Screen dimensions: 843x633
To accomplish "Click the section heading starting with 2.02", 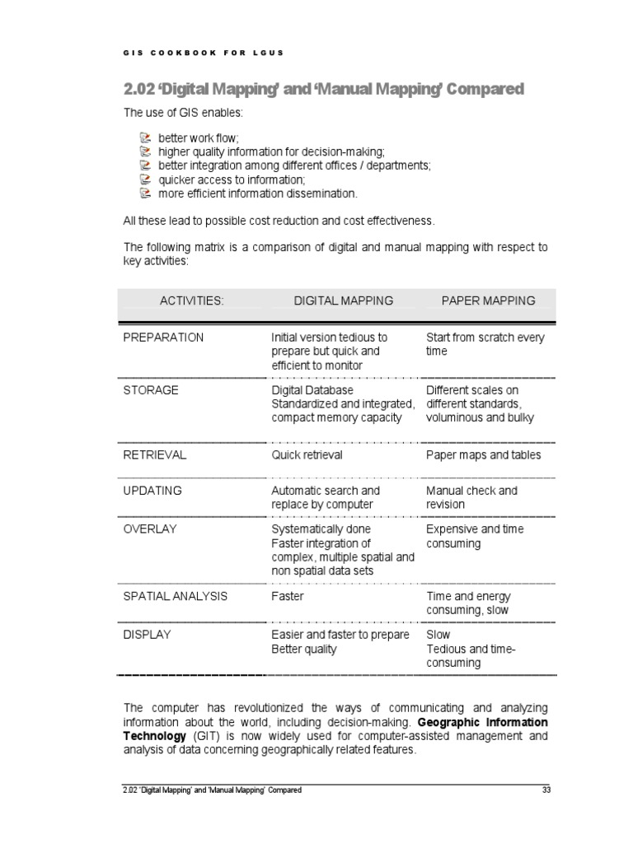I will point(323,89).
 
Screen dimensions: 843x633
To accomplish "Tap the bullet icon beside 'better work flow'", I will point(145,137).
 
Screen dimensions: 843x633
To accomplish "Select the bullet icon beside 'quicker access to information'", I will point(145,179).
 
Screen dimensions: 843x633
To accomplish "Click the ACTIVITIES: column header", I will point(191,301).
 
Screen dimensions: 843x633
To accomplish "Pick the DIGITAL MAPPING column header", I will point(344,301).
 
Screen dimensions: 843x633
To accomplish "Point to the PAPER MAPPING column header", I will point(488,301).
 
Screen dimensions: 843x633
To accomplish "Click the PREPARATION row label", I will point(163,338).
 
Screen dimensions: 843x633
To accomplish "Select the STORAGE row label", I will point(151,390).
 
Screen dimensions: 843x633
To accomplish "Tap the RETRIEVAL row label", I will point(155,455).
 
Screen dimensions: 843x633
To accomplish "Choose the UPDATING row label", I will point(152,491).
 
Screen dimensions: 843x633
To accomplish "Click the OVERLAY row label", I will point(150,529).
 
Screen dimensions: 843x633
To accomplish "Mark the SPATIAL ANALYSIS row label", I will point(176,596).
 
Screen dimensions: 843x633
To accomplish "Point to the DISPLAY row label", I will point(148,636).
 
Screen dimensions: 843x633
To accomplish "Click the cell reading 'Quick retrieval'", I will point(307,455).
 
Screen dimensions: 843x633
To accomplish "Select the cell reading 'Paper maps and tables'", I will point(484,455).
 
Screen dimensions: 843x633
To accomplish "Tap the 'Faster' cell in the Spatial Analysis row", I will point(288,596).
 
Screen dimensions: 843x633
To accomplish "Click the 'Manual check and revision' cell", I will point(471,497).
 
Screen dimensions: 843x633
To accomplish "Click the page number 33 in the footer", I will point(546,790).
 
